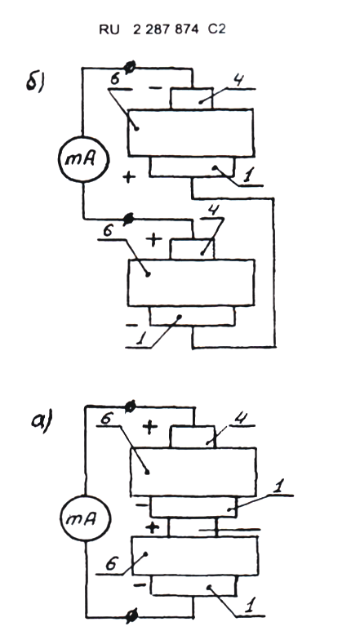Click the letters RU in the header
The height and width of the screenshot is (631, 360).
tap(109, 29)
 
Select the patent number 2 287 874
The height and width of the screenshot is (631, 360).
tap(166, 29)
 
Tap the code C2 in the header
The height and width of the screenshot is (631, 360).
tap(217, 29)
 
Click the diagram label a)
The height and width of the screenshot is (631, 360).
tap(42, 422)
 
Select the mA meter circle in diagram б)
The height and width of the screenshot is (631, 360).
tap(83, 159)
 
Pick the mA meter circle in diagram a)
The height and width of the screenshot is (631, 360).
tap(85, 518)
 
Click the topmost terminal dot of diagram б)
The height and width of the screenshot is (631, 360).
tap(130, 67)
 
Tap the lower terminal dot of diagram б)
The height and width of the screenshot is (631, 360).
tap(129, 219)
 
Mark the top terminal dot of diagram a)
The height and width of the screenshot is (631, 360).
tap(130, 407)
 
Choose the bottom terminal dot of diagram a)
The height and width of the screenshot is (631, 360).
tap(131, 615)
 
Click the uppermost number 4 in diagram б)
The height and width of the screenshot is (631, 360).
tap(238, 81)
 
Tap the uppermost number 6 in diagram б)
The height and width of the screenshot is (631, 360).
tap(114, 80)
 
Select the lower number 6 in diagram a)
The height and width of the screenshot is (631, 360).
tap(111, 564)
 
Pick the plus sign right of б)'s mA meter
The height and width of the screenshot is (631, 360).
tap(128, 177)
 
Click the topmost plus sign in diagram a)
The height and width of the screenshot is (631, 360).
tap(149, 428)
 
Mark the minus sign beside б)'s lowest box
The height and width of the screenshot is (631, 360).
tap(132, 325)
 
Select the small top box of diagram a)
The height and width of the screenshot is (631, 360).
tap(193, 437)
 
